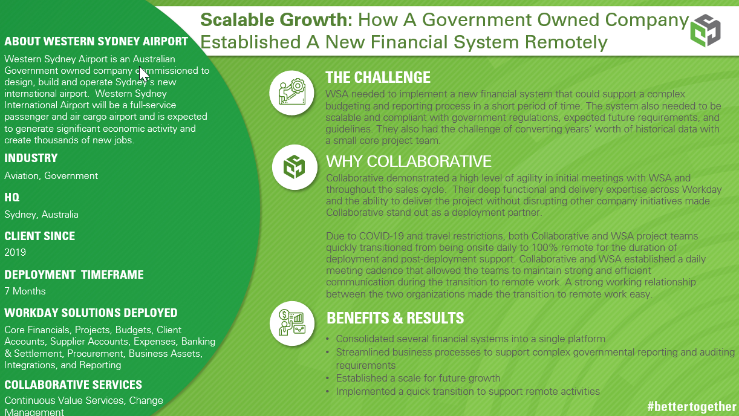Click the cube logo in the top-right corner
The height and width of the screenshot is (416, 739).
pos(705,30)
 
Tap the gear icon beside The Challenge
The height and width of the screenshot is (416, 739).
pos(292,93)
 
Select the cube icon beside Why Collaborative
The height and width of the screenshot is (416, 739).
pos(295,167)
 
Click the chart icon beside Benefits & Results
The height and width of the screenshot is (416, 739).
pos(292,323)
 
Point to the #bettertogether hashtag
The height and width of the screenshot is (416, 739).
pos(692,406)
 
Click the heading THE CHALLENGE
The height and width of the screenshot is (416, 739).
pos(378,77)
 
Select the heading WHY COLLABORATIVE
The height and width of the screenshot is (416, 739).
pos(409,161)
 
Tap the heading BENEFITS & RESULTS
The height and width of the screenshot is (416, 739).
pos(396,318)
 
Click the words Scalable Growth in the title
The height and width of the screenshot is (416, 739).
pos(276,20)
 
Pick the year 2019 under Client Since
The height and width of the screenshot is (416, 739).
pos(15,252)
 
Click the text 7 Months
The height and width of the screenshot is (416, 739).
pos(25,291)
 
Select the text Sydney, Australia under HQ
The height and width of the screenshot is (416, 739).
pos(41,215)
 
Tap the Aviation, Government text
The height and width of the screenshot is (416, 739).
pos(51,176)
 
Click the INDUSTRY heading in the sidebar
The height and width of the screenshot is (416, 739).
pos(31,158)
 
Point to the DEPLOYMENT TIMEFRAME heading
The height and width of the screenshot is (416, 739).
pos(74,275)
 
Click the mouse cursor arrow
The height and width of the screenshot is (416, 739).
pos(144,74)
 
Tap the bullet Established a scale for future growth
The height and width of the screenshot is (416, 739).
pos(418,378)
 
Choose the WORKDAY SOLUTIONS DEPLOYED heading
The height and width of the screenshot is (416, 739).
pos(91,313)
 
